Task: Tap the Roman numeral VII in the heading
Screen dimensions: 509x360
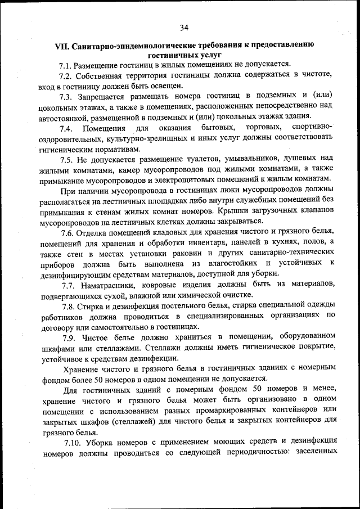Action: (62, 44)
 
